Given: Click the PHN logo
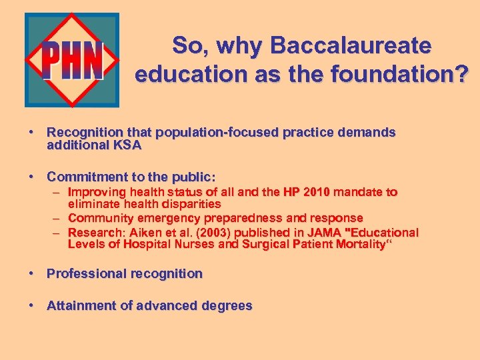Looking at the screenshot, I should [72, 60].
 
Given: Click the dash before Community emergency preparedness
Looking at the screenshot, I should [58, 219].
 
